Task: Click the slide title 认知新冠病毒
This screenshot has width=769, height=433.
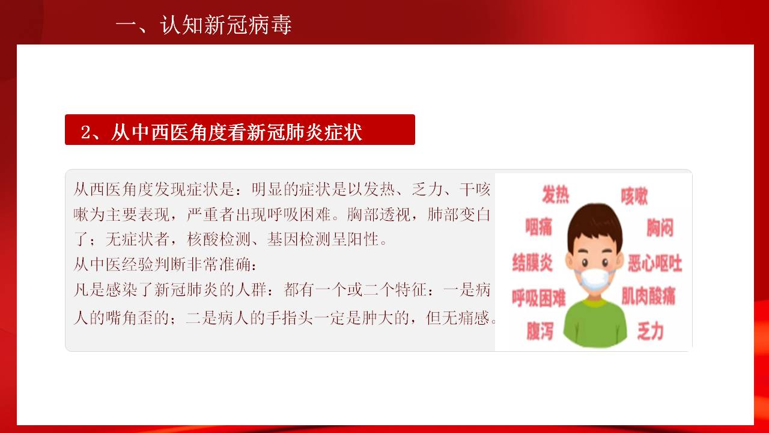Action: pos(226,25)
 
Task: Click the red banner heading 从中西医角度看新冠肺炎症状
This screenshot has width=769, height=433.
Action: pos(237,132)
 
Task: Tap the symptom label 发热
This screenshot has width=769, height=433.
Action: pos(556,194)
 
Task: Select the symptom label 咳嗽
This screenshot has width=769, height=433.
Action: pos(634,196)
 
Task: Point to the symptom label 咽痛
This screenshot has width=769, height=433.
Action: pos(538,227)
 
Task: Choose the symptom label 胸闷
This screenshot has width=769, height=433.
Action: pos(660,227)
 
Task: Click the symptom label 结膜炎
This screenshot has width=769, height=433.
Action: pos(532,263)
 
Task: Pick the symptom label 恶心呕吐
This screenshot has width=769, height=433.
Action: pos(655,263)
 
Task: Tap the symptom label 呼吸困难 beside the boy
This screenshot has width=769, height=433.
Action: pos(539,298)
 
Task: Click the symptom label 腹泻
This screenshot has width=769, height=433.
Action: pos(540,331)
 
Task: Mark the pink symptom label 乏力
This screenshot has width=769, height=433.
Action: pos(650,331)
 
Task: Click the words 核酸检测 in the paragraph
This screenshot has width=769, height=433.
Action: pos(219,239)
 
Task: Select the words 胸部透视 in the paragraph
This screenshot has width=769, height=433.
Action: pos(378,215)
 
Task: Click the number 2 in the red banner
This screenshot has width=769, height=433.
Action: pos(86,133)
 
